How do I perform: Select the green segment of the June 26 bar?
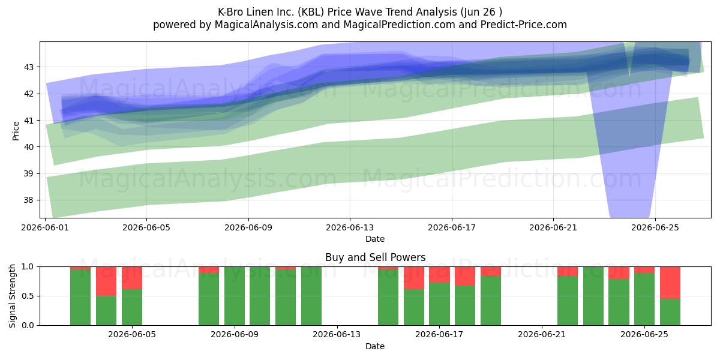[670, 312]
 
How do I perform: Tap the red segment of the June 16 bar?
[414, 278]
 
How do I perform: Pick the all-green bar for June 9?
[235, 296]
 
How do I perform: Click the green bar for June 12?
[311, 296]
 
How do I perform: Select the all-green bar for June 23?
[593, 296]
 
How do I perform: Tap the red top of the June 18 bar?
[465, 276]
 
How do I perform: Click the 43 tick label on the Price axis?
[28, 67]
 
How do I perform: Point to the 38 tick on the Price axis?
[28, 200]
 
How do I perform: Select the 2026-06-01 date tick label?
[45, 227]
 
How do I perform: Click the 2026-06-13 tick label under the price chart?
[350, 227]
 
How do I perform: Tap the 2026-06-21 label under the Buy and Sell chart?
[542, 334]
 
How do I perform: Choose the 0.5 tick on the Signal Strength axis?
[28, 296]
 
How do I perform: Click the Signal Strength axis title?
[12, 296]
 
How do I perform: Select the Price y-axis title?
[16, 131]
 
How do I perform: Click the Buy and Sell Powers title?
[376, 257]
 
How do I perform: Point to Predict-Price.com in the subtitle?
[524, 25]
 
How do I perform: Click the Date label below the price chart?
[375, 239]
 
